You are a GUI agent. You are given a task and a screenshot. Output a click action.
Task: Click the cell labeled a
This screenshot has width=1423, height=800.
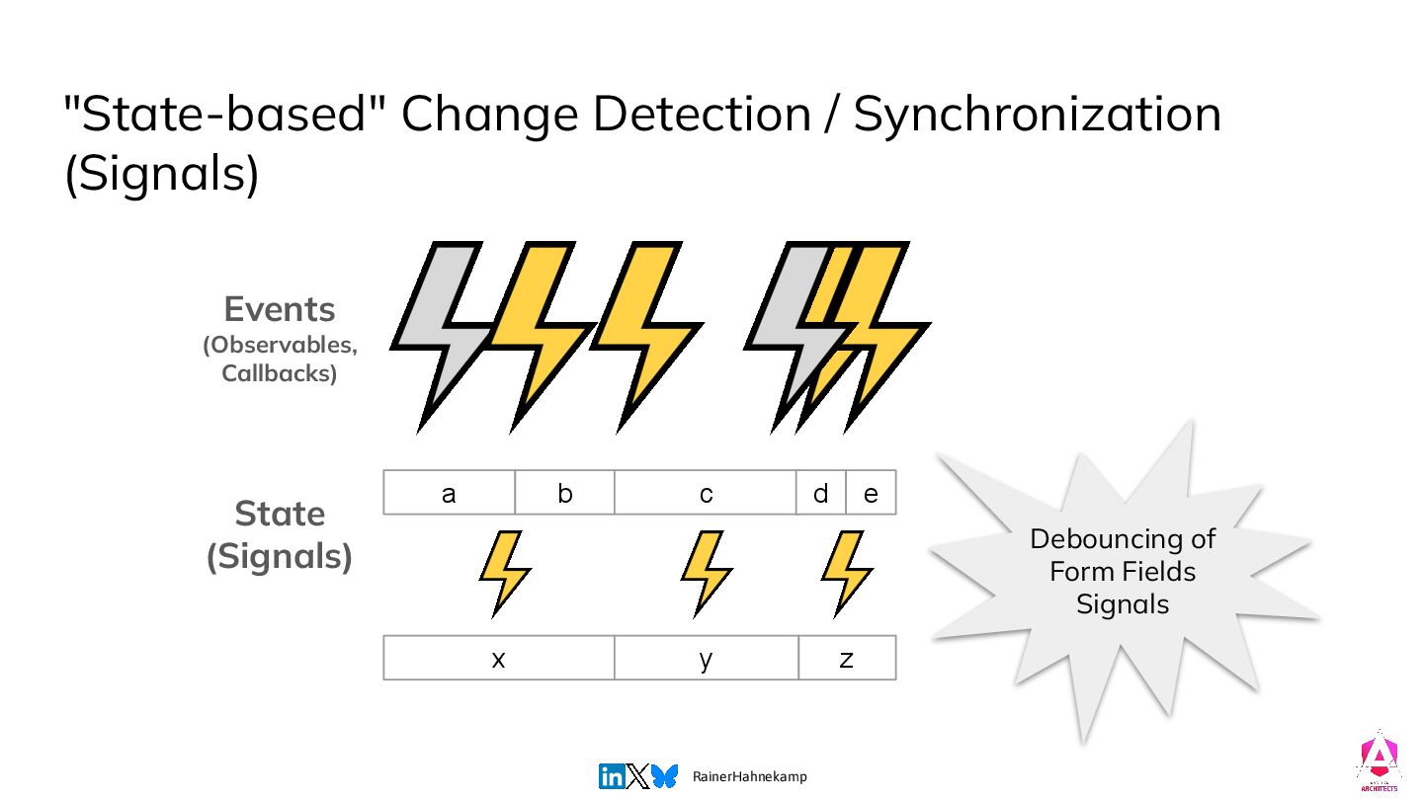click(x=449, y=493)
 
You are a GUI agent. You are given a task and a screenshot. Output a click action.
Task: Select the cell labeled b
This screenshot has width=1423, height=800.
click(x=564, y=493)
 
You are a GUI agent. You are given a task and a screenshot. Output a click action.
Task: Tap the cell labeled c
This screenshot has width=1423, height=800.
click(x=706, y=493)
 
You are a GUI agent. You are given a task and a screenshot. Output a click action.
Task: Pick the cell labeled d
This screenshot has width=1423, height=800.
click(x=820, y=493)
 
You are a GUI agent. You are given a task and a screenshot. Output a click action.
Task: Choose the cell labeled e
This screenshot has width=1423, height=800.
click(x=871, y=493)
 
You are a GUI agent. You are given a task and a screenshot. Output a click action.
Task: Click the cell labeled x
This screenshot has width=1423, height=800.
click(x=498, y=659)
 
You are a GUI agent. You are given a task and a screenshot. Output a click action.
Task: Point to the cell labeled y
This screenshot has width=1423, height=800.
click(x=706, y=659)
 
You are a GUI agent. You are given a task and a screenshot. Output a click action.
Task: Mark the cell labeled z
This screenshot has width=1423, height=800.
click(x=847, y=659)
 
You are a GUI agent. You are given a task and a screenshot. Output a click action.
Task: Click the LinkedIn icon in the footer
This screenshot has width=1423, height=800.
click(x=612, y=776)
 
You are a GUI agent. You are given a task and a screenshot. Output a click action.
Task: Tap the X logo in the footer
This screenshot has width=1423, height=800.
click(x=638, y=776)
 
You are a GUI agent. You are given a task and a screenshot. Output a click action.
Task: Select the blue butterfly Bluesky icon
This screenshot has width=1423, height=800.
click(x=665, y=776)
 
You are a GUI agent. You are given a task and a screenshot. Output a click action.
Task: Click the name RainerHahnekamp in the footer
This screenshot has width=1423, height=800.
click(x=750, y=777)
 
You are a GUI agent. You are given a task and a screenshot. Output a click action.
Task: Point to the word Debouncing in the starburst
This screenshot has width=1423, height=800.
click(x=1123, y=539)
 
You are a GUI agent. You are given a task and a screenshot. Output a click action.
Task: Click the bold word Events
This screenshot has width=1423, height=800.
click(x=280, y=310)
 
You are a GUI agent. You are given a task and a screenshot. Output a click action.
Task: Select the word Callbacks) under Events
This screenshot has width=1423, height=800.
click(x=280, y=373)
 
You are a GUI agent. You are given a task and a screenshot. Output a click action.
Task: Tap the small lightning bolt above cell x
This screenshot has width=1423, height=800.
click(x=504, y=573)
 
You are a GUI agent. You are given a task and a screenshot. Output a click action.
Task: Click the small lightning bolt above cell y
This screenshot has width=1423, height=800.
click(x=707, y=573)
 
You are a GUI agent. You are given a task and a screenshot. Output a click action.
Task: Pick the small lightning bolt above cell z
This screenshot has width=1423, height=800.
click(x=847, y=573)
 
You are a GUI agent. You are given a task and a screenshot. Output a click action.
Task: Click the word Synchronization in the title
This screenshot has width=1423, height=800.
click(x=1038, y=116)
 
